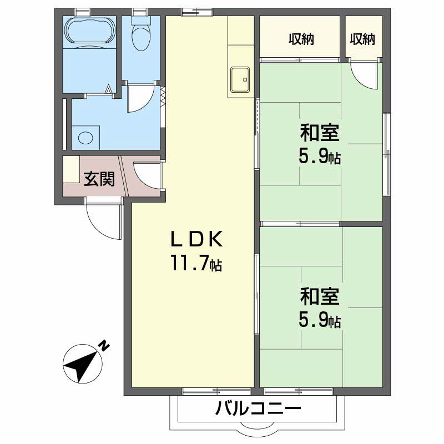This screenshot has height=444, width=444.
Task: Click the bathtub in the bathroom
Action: click(x=89, y=32)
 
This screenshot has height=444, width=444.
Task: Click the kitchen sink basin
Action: click(x=240, y=79)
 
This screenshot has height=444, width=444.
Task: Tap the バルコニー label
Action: click(x=258, y=411)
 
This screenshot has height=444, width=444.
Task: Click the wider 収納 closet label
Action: click(x=301, y=39)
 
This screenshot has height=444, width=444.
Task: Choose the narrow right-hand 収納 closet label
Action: click(x=363, y=39)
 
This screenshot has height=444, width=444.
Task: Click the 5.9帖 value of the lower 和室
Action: click(x=320, y=321)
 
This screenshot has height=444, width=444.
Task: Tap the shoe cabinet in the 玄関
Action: click(x=70, y=169)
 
